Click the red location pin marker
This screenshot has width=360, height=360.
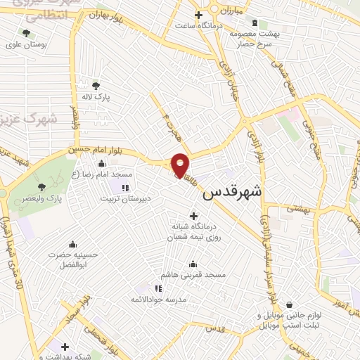180,165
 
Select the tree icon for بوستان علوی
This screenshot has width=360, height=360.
26,33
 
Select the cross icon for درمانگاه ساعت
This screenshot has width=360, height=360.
199,15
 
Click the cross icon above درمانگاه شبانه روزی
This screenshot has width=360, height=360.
194,216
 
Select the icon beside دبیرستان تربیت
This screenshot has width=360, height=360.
126,187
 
